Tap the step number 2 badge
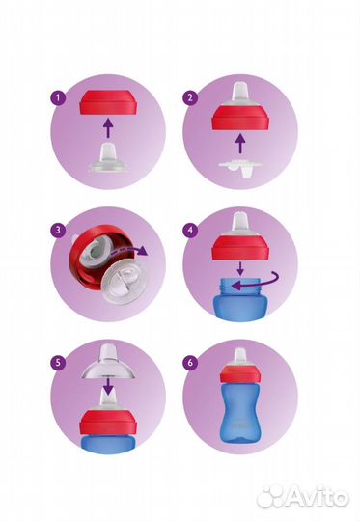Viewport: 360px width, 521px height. (x=191, y=97)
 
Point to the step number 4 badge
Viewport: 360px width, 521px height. (x=191, y=230)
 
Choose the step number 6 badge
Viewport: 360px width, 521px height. (x=191, y=362)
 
